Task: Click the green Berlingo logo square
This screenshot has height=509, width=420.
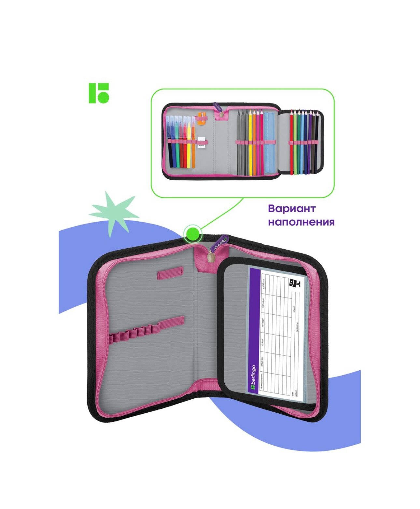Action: pos(99,93)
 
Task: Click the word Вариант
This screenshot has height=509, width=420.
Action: pos(292,209)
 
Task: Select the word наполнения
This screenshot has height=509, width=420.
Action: pos(301,222)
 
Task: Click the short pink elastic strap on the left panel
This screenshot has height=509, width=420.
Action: pos(170,273)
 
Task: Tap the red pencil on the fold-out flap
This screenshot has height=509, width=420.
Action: pos(292,143)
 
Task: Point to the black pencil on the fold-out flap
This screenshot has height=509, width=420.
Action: pos(316,143)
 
